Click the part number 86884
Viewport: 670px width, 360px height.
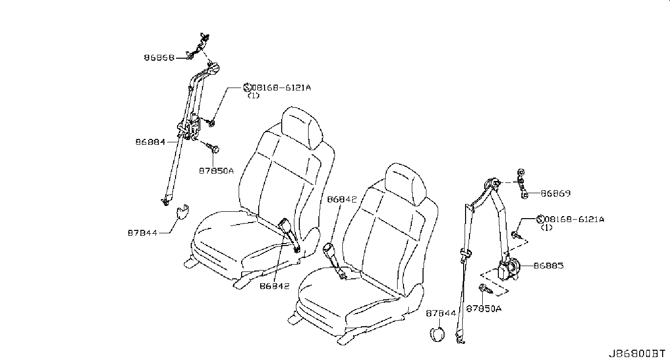tap(150, 142)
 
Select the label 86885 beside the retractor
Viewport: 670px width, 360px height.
tap(548, 266)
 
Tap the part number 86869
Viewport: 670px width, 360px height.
tap(556, 193)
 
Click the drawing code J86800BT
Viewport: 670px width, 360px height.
tap(636, 353)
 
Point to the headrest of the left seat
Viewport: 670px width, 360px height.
tap(303, 127)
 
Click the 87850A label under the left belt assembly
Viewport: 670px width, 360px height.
tap(216, 171)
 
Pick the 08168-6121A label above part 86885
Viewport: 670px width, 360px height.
tap(574, 220)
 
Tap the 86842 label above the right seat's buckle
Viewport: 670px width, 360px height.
tap(342, 199)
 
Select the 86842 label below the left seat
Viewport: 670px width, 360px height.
tap(274, 286)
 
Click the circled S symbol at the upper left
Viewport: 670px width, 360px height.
tap(247, 88)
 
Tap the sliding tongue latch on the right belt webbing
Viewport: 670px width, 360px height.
tap(467, 253)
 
